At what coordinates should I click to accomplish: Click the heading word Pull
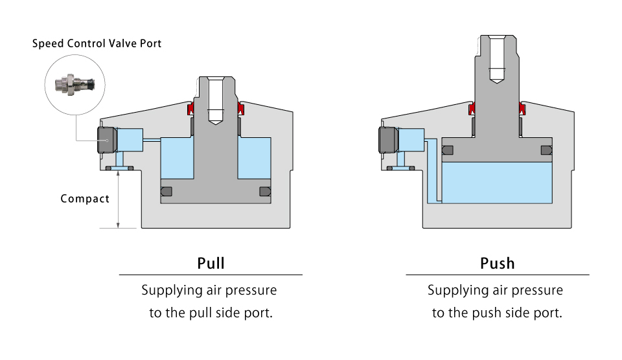(x=211, y=264)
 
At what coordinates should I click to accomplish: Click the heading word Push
(x=498, y=264)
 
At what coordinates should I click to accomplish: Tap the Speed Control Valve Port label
(x=97, y=43)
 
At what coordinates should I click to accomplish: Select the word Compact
(x=85, y=198)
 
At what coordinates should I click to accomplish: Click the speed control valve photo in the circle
(x=75, y=84)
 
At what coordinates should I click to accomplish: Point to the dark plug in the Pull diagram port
(x=107, y=140)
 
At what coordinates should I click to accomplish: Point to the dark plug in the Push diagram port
(x=388, y=140)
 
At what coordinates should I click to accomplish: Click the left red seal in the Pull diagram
(x=190, y=108)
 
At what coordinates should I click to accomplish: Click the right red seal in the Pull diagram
(x=240, y=108)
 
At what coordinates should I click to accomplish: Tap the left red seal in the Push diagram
(x=472, y=108)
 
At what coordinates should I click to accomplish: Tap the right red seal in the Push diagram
(x=522, y=108)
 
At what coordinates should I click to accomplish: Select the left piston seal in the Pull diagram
(x=167, y=192)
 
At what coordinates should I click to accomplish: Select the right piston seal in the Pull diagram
(x=265, y=192)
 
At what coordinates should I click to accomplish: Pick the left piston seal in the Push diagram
(x=448, y=150)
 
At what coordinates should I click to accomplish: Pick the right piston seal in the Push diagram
(x=546, y=150)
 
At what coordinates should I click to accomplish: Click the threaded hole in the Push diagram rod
(x=497, y=60)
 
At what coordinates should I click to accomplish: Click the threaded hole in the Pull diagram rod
(x=215, y=101)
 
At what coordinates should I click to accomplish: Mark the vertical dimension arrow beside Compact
(x=118, y=200)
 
